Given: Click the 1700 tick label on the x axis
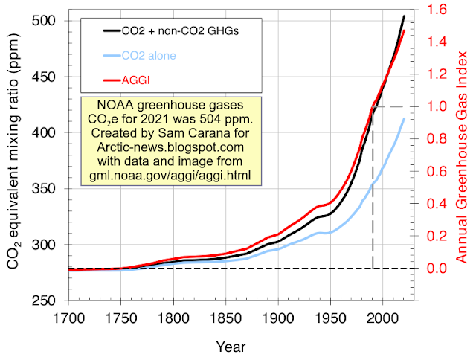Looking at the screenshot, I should coord(68,318).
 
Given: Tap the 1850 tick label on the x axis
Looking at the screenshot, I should coord(225,318).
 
